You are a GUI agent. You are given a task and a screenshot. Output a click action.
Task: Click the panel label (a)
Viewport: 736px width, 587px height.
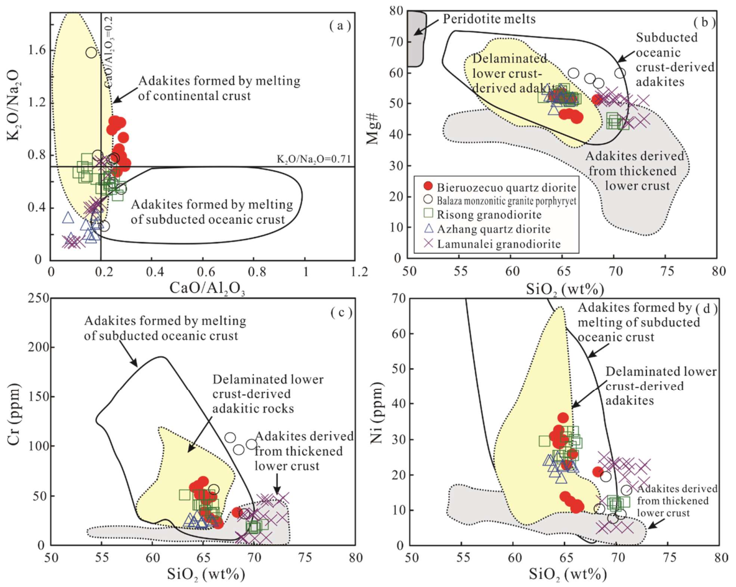pyautogui.click(x=339, y=25)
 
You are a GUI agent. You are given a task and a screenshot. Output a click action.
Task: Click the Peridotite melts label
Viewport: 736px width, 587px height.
pyautogui.click(x=490, y=19)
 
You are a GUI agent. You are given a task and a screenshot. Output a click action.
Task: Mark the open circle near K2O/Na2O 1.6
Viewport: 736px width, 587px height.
pyautogui.click(x=91, y=53)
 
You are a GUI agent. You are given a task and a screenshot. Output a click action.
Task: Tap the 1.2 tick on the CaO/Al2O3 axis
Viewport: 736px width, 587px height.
pyautogui.click(x=357, y=272)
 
